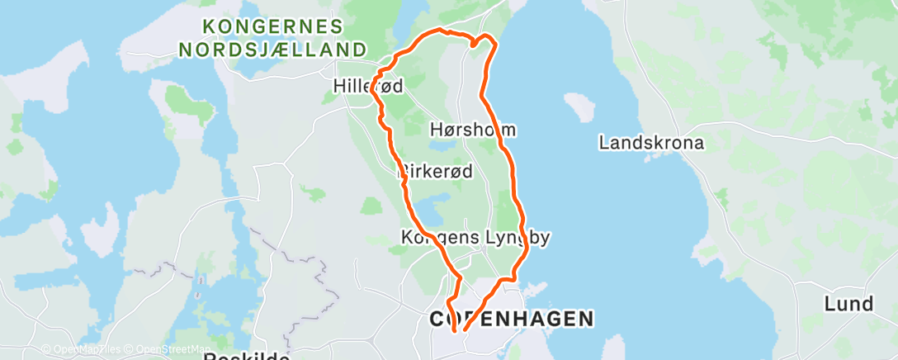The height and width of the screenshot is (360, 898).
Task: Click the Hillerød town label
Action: (368, 85)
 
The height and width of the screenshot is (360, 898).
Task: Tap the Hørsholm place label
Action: (473, 130)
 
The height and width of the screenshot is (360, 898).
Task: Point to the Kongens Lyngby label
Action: (475, 238)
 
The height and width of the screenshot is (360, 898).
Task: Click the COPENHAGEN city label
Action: (512, 319)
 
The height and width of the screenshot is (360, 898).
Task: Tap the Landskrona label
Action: (651, 143)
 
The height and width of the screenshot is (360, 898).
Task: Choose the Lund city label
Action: (848, 304)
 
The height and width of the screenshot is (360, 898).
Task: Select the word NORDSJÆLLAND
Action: (273, 50)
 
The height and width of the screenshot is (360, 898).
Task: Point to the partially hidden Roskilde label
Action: (247, 356)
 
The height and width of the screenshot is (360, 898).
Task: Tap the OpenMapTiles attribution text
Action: (81, 350)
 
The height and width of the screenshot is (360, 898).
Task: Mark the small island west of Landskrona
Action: (579, 107)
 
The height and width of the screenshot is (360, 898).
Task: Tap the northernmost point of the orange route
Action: (442, 30)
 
